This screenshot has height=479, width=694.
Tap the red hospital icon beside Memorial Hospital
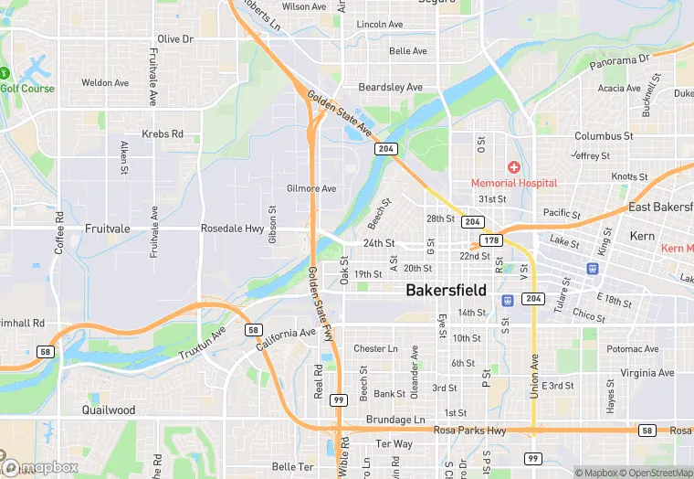coord(514,167)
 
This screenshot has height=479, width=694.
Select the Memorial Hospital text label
coord(514,183)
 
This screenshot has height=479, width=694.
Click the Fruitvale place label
coord(109,229)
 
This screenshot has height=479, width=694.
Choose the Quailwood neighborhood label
coord(109,410)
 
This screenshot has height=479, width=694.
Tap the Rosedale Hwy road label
coord(232,229)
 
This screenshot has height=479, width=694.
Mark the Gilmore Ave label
coord(311,188)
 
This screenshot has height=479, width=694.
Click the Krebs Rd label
coord(163,134)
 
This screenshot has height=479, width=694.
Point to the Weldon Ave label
coord(105,83)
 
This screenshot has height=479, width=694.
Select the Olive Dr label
coord(175,39)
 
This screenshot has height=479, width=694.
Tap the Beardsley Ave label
coord(390,87)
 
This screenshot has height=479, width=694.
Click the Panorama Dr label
coord(618,61)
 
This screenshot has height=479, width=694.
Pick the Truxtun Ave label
coord(203,343)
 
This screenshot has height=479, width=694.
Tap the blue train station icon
coord(592,269)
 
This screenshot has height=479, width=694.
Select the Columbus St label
coord(604,136)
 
